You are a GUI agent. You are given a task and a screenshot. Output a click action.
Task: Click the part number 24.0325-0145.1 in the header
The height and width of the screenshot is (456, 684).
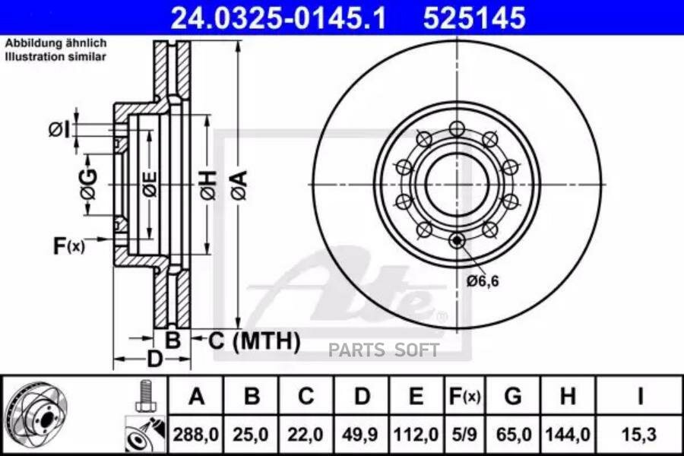pyautogui.click(x=278, y=17)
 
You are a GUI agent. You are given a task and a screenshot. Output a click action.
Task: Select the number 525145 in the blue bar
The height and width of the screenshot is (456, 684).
pyautogui.click(x=474, y=17)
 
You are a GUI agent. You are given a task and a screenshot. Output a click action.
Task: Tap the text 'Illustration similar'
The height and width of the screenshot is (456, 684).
pyautogui.click(x=55, y=57)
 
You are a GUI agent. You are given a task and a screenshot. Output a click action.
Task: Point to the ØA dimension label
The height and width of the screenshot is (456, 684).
pyautogui.click(x=239, y=185)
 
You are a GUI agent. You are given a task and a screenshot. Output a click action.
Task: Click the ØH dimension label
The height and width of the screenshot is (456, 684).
pyautogui.click(x=208, y=185)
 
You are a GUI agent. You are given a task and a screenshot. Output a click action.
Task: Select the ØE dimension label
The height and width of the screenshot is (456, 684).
pyautogui.click(x=150, y=184)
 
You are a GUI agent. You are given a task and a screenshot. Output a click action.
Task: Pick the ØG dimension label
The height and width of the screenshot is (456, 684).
pyautogui.click(x=90, y=184)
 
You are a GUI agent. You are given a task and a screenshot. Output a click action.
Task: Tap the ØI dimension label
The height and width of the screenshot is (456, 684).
pyautogui.click(x=59, y=130)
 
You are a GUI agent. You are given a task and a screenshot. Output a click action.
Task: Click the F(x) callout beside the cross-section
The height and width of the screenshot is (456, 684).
pyautogui.click(x=68, y=245)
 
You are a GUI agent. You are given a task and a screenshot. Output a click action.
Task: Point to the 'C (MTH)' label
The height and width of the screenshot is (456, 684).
pyautogui.click(x=254, y=340)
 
